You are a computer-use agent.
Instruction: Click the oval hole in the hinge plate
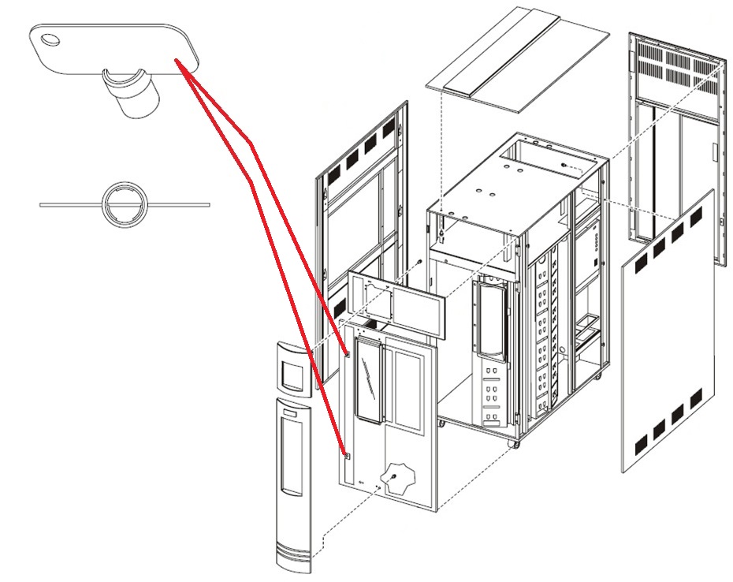[50, 39]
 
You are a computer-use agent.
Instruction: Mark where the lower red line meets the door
[344, 454]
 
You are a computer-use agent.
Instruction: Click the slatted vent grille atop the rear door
[677, 71]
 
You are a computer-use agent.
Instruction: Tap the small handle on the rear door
[713, 154]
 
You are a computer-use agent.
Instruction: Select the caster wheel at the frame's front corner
[516, 445]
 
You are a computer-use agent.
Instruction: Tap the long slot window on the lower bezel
[292, 457]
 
